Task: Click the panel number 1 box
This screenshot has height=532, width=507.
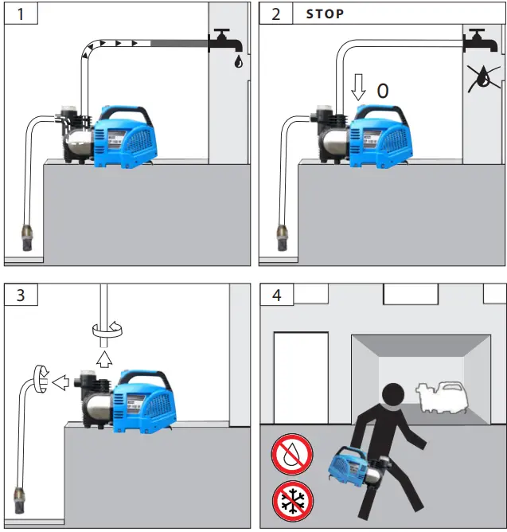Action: (x=20, y=15)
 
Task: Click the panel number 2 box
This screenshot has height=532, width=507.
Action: (x=275, y=15)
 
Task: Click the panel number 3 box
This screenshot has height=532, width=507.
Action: (x=20, y=295)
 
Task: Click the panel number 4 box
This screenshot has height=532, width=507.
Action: (x=275, y=295)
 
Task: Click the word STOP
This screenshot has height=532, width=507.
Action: (x=326, y=14)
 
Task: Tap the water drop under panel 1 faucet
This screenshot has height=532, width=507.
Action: (x=239, y=62)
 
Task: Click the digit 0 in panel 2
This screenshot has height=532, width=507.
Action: (x=382, y=91)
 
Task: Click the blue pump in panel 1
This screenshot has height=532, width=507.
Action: (x=127, y=135)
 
